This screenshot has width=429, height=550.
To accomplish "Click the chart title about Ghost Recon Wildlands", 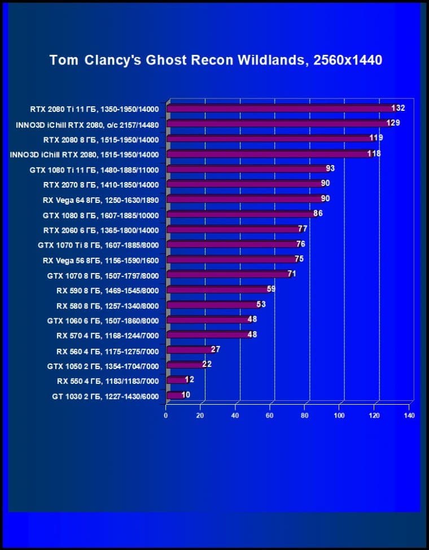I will pos(216,59).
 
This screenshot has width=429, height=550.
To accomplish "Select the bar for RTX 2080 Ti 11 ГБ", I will pos(282,109).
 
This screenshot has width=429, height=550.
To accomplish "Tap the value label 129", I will pos(393,123).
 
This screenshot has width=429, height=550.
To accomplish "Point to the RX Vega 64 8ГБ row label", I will pos(100,200).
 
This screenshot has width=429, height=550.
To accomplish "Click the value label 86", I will pos(318,214).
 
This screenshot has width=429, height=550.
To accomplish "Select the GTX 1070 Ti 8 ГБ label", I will pos(98,245).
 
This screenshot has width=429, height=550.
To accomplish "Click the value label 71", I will pos(292,274).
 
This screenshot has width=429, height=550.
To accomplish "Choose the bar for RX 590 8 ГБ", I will pos(217,290).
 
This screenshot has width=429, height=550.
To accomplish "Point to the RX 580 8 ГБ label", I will pos(107,306).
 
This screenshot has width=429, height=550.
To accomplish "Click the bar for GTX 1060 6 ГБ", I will pos(207,320).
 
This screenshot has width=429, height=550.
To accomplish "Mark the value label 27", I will pos(215,349).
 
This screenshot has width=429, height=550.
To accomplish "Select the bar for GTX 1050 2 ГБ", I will pos(185,365).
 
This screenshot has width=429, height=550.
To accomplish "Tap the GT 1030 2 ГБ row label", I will pos(105,396).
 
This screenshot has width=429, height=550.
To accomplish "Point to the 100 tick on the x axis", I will pos(339,416).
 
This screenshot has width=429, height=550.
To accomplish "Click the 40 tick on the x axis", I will pos(235,416).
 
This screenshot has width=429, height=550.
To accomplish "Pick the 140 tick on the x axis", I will pos(409,416).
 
